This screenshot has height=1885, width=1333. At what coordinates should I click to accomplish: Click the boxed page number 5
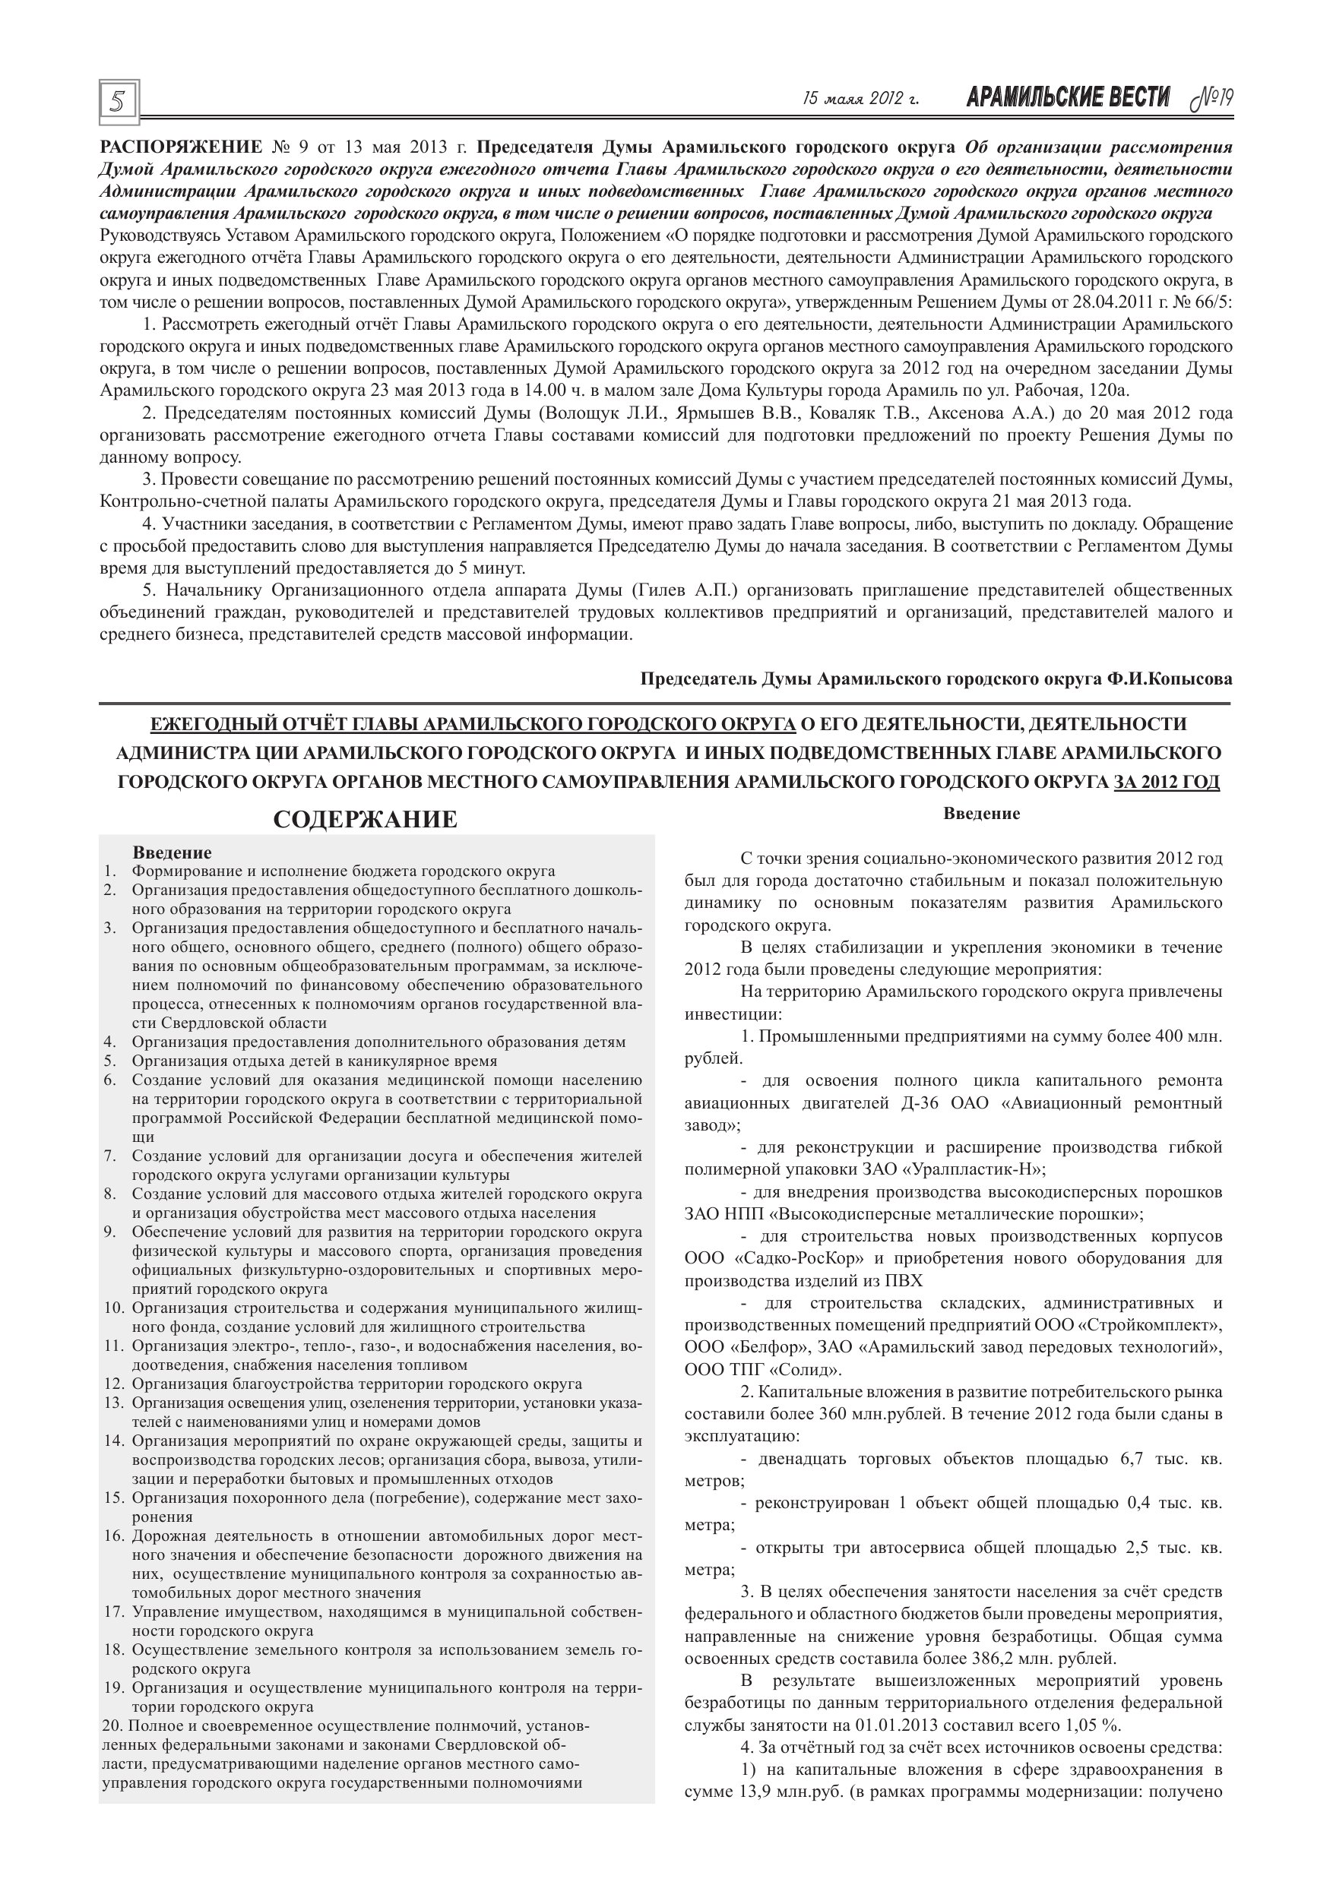[x=119, y=102]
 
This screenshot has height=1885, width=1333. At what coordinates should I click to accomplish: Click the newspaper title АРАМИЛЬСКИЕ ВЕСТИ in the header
[x=1068, y=99]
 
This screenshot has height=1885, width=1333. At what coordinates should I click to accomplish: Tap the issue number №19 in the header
[x=1212, y=99]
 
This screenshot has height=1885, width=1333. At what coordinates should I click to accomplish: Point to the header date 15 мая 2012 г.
[x=860, y=100]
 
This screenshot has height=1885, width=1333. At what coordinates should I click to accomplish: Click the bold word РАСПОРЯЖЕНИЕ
[x=180, y=148]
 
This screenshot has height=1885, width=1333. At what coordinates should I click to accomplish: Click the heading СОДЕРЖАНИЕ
[x=365, y=819]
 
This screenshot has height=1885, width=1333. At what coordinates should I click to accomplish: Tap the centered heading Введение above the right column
[x=981, y=814]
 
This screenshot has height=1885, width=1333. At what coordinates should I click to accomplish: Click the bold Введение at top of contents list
[x=172, y=852]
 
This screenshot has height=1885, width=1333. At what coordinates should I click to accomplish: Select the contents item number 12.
[x=113, y=1384]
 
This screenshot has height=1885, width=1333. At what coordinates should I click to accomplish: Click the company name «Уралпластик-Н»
[x=970, y=1169]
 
